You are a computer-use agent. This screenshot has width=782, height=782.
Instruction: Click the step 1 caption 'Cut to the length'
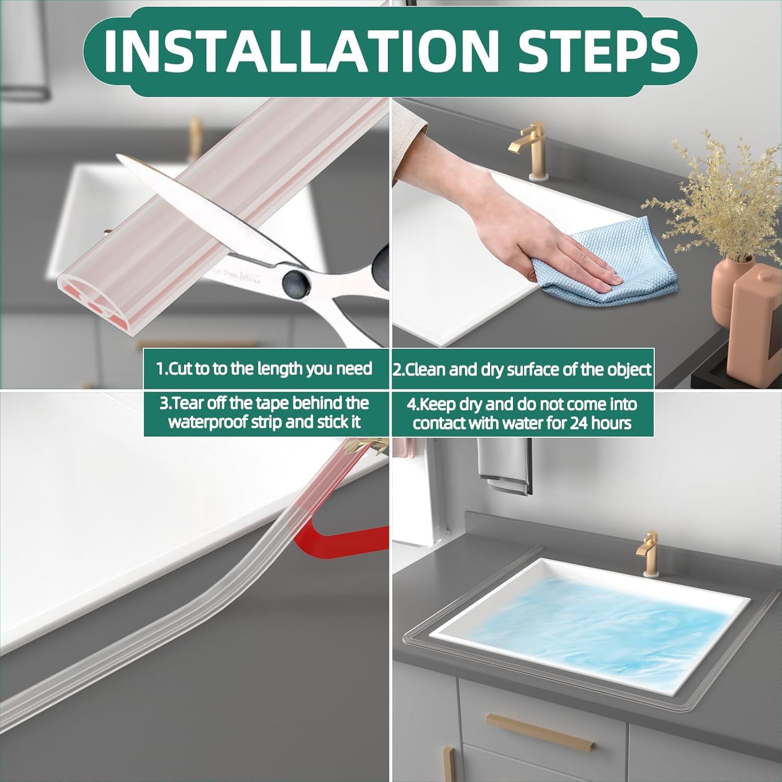pos(265,369)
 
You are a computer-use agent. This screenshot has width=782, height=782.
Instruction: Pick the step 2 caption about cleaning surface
pos(522,370)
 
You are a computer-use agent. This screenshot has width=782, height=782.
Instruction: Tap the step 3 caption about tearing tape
pos(265,412)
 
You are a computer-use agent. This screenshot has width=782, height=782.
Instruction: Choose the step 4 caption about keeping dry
pos(522,413)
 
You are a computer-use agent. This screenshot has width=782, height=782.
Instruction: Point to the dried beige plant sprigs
pos(719,198)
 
